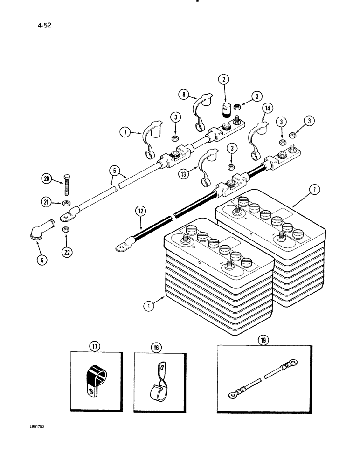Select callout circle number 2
tap(225, 80)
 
